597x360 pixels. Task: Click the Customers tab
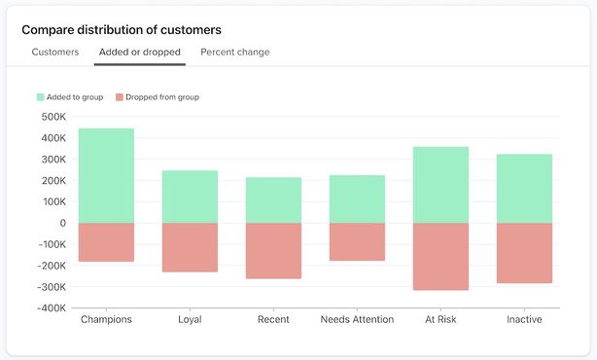click(x=55, y=52)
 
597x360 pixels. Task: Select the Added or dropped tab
click(x=139, y=52)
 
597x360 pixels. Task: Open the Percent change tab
click(x=235, y=52)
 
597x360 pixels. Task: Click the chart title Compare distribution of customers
click(x=122, y=30)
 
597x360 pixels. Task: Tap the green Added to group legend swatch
click(x=41, y=97)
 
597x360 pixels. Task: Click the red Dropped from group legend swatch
click(x=120, y=97)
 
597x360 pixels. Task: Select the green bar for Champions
click(x=106, y=175)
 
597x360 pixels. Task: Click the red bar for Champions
click(x=106, y=242)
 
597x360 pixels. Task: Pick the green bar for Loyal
click(x=190, y=197)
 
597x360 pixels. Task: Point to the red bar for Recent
click(x=273, y=251)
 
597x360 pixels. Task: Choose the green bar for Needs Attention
click(x=357, y=198)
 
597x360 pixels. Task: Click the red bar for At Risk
click(x=440, y=257)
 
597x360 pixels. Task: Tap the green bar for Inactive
click(x=524, y=188)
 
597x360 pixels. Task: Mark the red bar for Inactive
click(x=524, y=253)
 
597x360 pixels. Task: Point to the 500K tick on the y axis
click(x=53, y=117)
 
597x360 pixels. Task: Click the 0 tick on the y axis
click(x=61, y=223)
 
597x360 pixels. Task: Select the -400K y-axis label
click(x=50, y=308)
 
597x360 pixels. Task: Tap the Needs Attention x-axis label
click(x=357, y=319)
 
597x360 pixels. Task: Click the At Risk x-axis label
click(x=440, y=319)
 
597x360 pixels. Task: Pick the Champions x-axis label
click(x=106, y=319)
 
